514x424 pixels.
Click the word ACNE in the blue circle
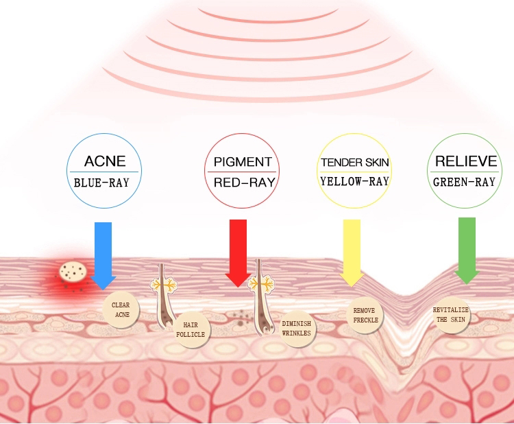pos(105,161)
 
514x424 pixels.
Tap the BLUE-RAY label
pos(105,182)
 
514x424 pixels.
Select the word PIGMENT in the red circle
pos(243,162)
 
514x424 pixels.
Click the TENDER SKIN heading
pos(354,163)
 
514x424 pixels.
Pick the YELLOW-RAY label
pos(354,182)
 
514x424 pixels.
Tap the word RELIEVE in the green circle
pos(466,161)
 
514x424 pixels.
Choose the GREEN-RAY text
pos(464,182)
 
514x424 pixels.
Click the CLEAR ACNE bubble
pos(121,309)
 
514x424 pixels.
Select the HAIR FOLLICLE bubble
pos(190,329)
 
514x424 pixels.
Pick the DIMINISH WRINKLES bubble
pos(296,329)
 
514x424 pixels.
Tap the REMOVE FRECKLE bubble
pos(364,315)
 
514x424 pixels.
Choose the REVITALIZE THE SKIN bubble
pos(451,315)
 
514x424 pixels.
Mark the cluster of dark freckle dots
pos(241,316)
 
